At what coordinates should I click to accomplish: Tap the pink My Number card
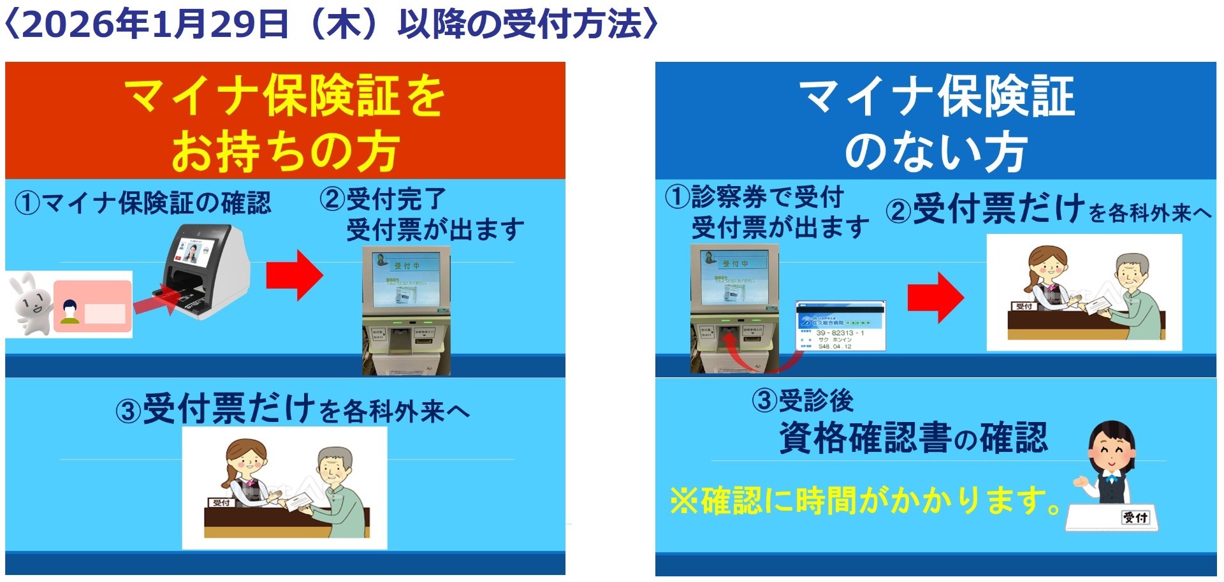93,307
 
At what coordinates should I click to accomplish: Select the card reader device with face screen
204,271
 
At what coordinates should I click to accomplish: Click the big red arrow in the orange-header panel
294,275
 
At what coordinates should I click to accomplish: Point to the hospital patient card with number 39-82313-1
840,326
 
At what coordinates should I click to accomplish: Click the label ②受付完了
383,200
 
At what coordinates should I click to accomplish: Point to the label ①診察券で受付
755,197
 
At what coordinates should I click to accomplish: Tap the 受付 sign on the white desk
1135,517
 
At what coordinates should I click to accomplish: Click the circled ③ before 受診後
764,401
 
